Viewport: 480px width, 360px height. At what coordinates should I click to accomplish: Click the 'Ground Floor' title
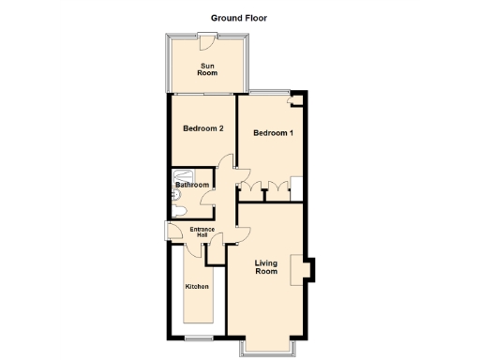pos(239,17)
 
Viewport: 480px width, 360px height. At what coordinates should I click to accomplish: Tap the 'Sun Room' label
pos(207,68)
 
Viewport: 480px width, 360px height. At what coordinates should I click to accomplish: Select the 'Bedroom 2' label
pos(202,128)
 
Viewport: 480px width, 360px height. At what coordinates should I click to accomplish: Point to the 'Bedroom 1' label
pos(274,133)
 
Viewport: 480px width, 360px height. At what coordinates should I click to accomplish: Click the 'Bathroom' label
pos(192,185)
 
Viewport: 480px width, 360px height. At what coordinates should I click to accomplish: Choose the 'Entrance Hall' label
pos(203,232)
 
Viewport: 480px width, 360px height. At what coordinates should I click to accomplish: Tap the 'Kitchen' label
pos(196,286)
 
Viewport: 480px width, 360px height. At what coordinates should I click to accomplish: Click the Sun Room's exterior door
pos(207,37)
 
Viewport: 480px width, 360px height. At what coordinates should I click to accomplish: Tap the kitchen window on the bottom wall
pos(196,336)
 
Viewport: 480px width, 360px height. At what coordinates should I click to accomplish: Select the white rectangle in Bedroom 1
pos(295,186)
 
